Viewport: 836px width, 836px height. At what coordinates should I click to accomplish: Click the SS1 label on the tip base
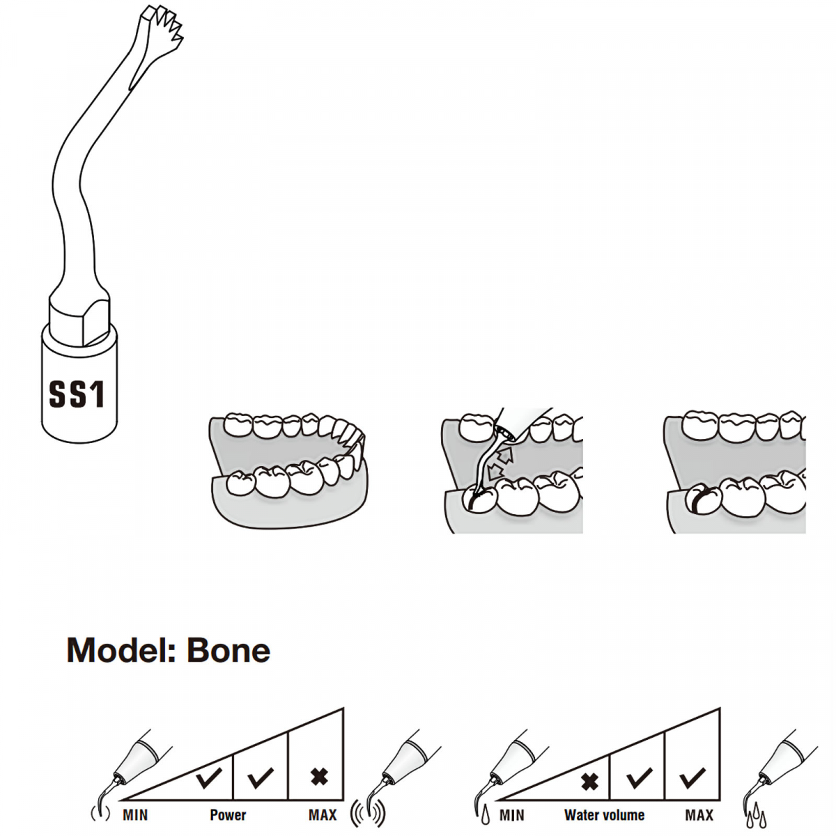coord(77,394)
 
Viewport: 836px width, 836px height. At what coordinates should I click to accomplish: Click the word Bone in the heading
coord(228,650)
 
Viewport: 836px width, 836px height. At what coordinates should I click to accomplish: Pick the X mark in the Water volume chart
coord(589,780)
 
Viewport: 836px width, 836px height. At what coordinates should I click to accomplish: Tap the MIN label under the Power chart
coord(135,814)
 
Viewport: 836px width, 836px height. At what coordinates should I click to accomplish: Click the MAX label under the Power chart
coord(323,814)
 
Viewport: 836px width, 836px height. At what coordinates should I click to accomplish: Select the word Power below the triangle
coord(228,814)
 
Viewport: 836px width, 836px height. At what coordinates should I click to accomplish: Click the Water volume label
coord(604,814)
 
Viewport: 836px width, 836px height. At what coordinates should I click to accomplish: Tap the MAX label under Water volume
coord(699,814)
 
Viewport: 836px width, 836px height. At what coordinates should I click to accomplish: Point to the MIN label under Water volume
coord(511,814)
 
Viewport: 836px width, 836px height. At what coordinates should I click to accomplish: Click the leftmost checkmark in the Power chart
coord(208,777)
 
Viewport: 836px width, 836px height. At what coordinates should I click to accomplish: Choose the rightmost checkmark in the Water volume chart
coord(693,777)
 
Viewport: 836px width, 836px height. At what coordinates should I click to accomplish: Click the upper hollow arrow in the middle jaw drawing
coord(505,454)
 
